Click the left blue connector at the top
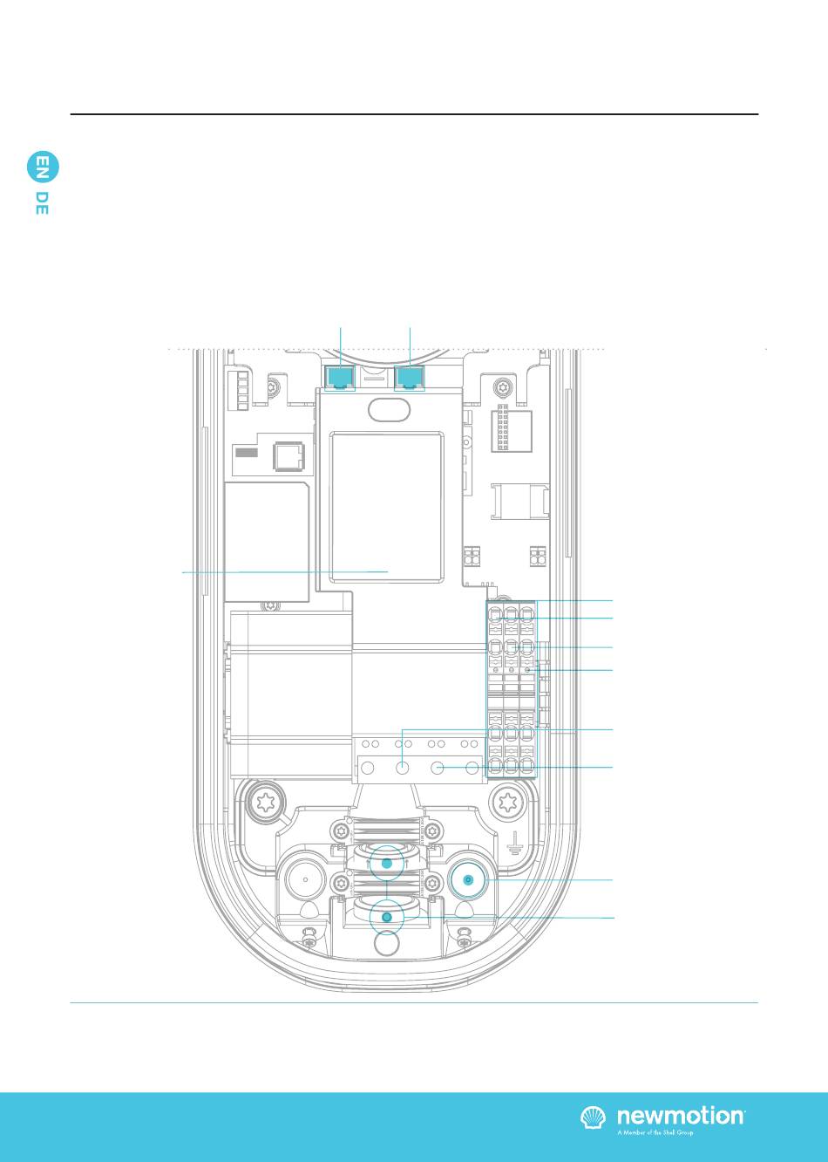click(x=339, y=377)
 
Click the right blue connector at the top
click(x=410, y=377)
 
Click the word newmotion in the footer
click(x=681, y=1117)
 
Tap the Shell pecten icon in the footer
click(x=594, y=1118)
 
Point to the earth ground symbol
click(x=514, y=841)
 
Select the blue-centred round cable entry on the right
click(x=468, y=880)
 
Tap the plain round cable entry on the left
click(x=303, y=880)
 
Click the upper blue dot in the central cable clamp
click(x=387, y=864)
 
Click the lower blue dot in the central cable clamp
click(x=387, y=918)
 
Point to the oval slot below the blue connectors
click(x=386, y=407)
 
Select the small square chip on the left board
click(x=288, y=455)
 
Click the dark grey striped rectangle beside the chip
click(x=248, y=454)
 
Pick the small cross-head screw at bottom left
click(x=308, y=941)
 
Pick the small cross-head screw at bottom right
click(x=465, y=941)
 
